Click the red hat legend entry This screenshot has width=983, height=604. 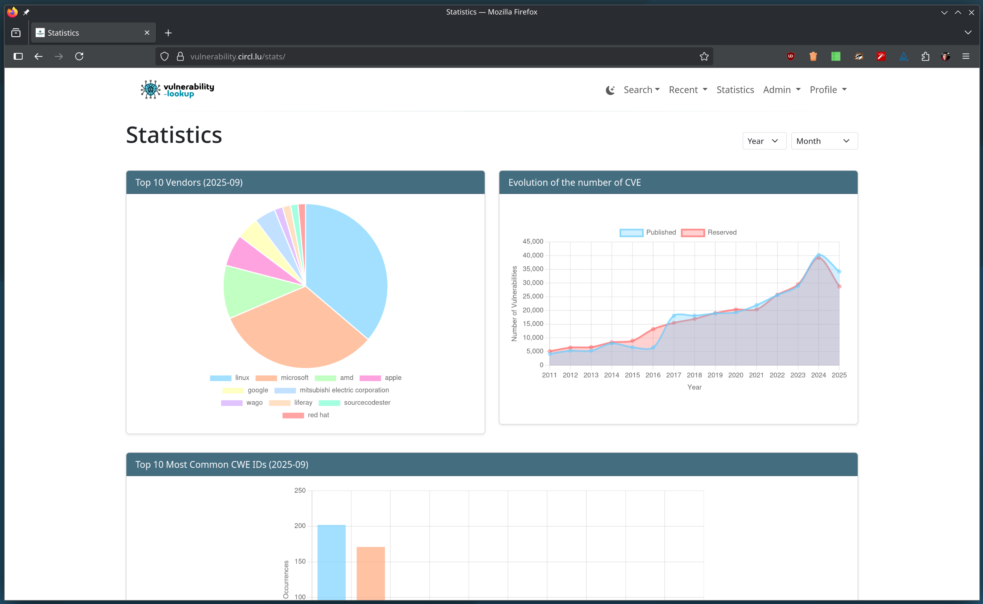click(x=306, y=415)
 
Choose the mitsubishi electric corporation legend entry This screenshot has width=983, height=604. click(x=332, y=390)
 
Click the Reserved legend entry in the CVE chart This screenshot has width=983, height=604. click(x=709, y=232)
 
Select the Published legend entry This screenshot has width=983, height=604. click(x=648, y=232)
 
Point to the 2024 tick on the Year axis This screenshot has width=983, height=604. click(x=818, y=375)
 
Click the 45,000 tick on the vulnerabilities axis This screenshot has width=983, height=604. click(x=533, y=242)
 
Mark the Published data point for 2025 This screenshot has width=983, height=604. click(x=839, y=272)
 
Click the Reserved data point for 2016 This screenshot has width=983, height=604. click(x=653, y=329)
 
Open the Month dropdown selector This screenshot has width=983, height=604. click(x=824, y=141)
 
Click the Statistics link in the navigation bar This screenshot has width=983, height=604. click(x=735, y=90)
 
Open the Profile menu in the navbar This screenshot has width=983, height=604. click(x=828, y=90)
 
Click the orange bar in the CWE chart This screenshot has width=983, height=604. click(x=371, y=573)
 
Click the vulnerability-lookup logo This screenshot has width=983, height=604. click(x=177, y=89)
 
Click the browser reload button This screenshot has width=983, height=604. click(x=79, y=56)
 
